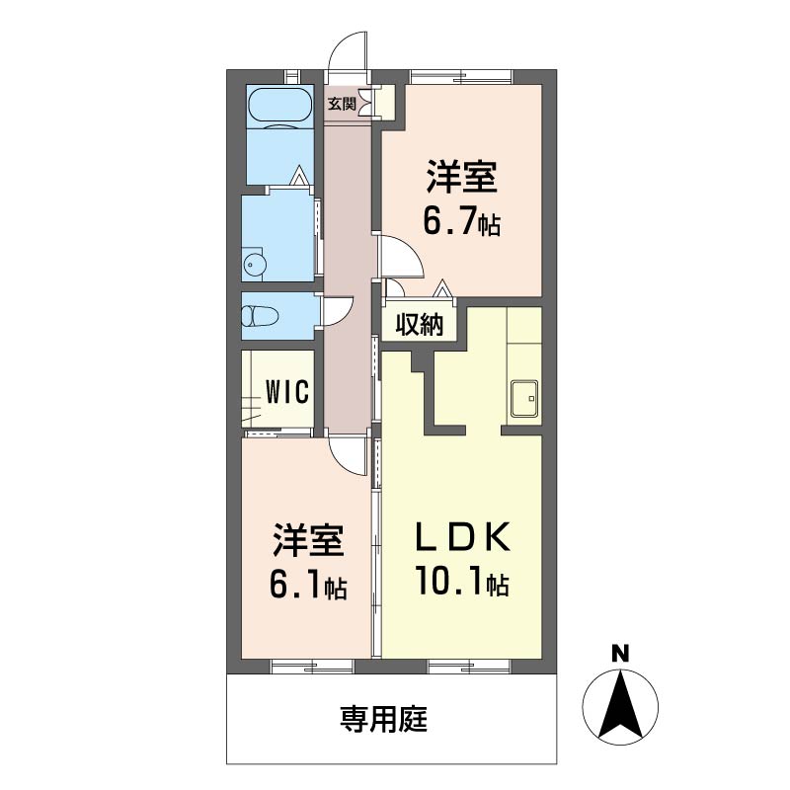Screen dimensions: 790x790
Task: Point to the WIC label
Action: pos(286,391)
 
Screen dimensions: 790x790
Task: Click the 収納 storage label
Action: pos(419,325)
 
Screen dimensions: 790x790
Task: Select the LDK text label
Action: pos(461,539)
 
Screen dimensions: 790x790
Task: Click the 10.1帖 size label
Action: pos(461,584)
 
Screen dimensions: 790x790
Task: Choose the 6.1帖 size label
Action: pos(307,587)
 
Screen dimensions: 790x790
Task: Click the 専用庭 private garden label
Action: pos(383,719)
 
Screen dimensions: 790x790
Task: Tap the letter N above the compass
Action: pos(619,653)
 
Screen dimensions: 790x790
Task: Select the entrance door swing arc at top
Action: pos(349,51)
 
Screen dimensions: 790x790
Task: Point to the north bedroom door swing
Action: pos(403,257)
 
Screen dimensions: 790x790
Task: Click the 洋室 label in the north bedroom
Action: pos(461,180)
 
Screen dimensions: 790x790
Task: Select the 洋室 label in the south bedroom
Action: pos(307,542)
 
